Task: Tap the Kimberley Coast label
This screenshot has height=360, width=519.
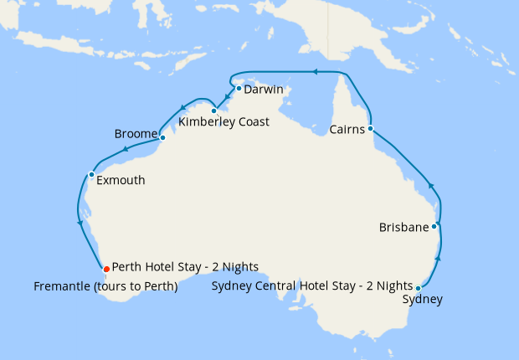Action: coord(224,122)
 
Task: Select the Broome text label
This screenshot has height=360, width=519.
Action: coord(135,134)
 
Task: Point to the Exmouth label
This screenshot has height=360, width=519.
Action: coord(121,180)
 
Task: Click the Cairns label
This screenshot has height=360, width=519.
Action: coord(347,130)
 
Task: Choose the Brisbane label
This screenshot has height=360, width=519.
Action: coord(403,227)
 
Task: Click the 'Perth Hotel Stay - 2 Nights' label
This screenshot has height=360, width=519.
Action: coord(185,267)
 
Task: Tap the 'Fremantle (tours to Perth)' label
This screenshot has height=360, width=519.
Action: coord(105,286)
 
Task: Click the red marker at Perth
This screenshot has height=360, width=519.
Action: coord(105,269)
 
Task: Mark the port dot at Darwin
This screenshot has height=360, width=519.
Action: coord(239,88)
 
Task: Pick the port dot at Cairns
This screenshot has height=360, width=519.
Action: coord(370,128)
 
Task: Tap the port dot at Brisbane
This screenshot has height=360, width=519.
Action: coord(434,226)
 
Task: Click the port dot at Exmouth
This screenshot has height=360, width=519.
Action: coord(91,174)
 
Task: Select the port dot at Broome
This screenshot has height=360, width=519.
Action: coord(162,137)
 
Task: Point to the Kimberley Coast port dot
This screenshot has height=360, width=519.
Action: coord(214,111)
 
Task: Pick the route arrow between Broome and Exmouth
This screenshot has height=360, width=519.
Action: coord(125,150)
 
